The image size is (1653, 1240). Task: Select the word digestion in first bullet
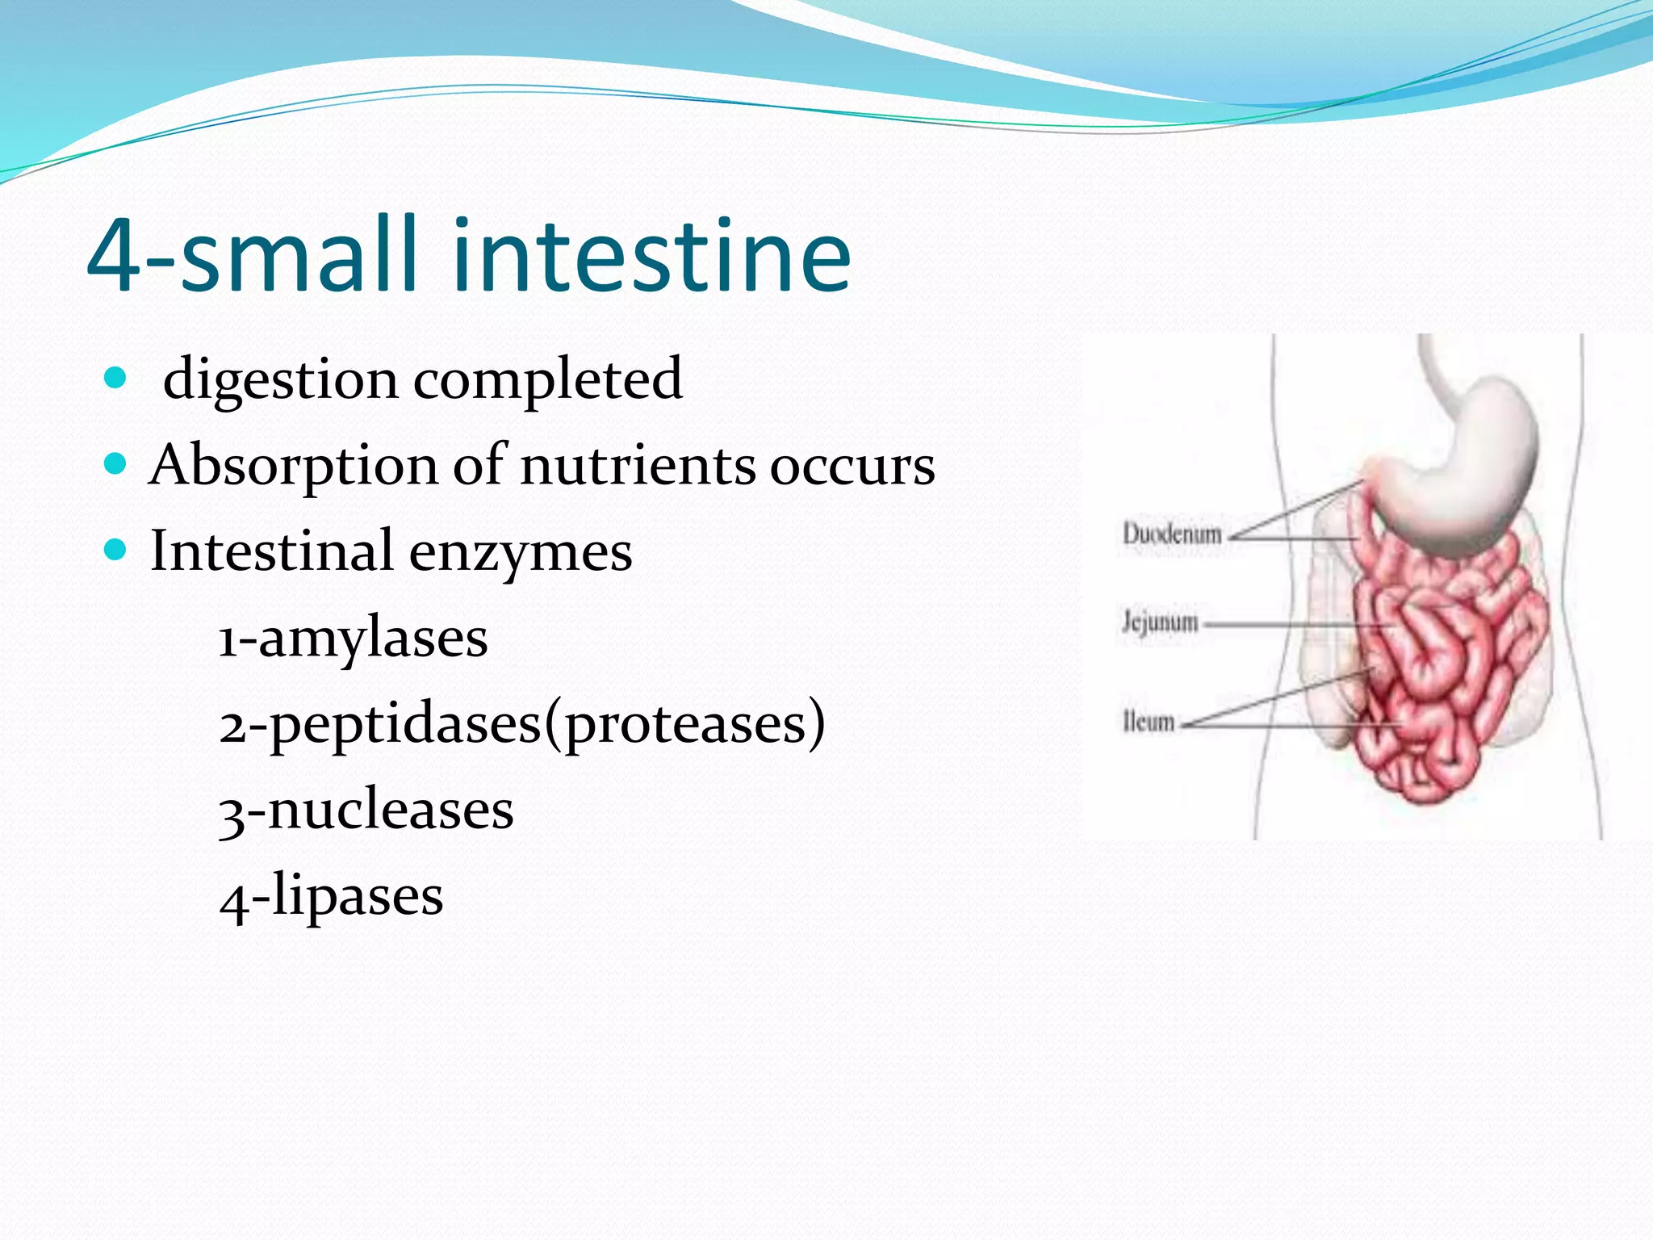click(280, 379)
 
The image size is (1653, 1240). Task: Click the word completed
click(548, 379)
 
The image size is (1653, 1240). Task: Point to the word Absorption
click(294, 467)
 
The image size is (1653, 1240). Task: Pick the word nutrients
click(637, 467)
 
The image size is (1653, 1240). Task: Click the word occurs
click(852, 467)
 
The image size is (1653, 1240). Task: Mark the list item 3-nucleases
click(366, 810)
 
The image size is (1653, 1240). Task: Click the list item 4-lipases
click(331, 895)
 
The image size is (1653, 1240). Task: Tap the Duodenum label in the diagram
click(1172, 534)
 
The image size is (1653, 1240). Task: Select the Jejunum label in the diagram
click(1160, 622)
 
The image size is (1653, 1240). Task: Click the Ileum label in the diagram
click(1149, 721)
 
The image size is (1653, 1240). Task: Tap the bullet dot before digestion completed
click(116, 378)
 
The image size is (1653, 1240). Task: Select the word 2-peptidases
click(380, 724)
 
